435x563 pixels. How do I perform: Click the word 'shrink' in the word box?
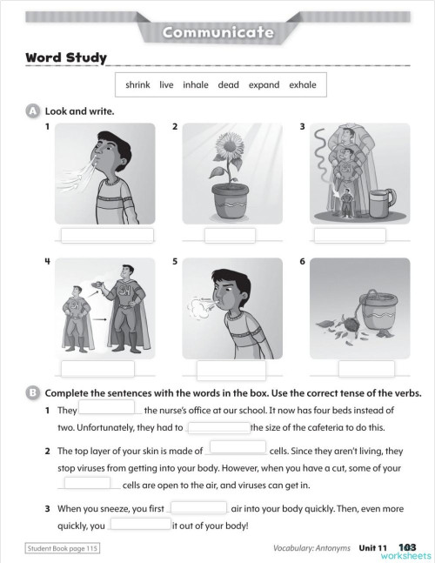tap(137, 84)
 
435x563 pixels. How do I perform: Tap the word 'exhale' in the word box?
tap(302, 84)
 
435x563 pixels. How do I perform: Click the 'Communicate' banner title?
tap(217, 33)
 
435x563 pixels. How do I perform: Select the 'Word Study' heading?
tap(66, 58)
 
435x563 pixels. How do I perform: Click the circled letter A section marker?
tap(33, 111)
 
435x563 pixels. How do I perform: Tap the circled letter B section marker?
tap(33, 392)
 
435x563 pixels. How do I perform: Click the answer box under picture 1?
tap(107, 235)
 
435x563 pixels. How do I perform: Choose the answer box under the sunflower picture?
tap(230, 235)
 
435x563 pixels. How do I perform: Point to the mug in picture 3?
tap(380, 205)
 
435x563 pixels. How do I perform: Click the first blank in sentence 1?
tap(107, 408)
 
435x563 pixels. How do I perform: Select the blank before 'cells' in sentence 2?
tap(238, 449)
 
